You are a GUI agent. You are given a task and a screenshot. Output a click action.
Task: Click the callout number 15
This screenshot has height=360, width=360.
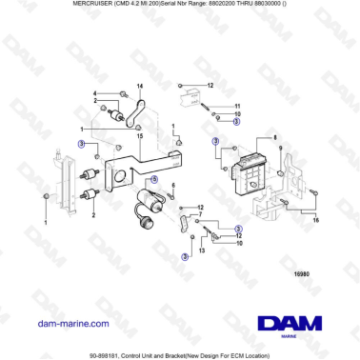coord(139,135)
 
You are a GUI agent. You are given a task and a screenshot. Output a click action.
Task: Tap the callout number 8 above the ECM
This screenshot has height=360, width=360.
coord(275,139)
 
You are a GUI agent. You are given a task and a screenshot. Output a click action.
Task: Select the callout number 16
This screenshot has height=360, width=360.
coord(316,218)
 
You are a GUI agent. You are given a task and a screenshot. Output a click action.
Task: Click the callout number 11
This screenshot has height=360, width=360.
coord(239,105)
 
